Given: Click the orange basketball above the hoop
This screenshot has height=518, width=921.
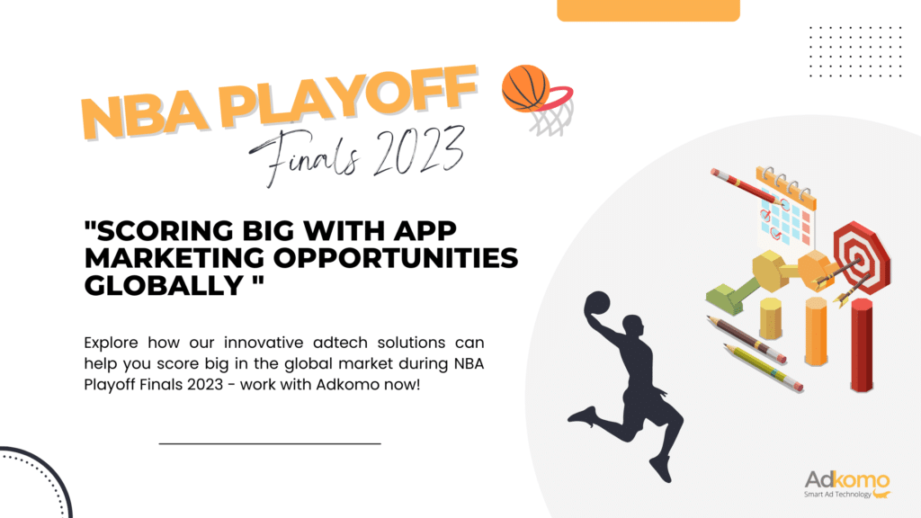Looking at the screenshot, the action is [x=525, y=88].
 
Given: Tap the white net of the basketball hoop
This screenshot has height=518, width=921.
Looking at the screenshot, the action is [x=551, y=121].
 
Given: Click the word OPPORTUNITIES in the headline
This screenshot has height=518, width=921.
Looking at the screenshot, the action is [x=396, y=258].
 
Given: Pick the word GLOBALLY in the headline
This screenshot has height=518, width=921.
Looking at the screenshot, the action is [x=165, y=285].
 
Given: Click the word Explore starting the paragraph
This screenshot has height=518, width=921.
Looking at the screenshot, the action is [x=111, y=343].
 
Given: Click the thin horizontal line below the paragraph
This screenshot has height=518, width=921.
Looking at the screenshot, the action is [x=270, y=443].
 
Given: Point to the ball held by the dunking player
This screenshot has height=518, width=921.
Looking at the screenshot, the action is [x=597, y=304].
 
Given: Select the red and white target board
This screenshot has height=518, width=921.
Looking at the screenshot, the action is [x=862, y=256].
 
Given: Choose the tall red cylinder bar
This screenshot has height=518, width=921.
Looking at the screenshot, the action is [x=862, y=344].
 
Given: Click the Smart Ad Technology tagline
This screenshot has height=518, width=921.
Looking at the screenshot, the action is [x=837, y=495].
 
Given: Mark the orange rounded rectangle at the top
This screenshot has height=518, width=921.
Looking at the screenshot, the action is [x=648, y=11].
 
